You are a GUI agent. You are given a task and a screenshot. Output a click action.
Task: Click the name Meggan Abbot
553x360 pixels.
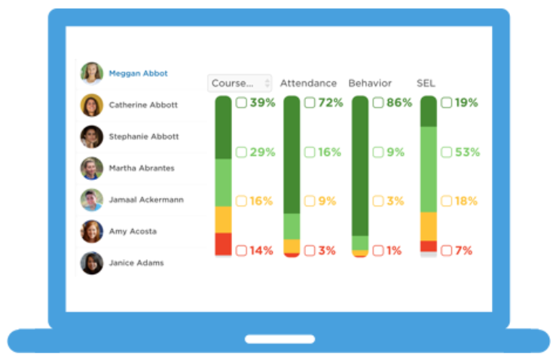coord(138,74)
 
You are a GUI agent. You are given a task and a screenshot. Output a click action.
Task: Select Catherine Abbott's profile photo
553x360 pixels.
coord(92,105)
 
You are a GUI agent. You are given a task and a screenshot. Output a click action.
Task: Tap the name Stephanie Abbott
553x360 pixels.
coord(143,137)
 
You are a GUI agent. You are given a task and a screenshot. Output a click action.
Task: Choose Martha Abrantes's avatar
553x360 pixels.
coord(92,169)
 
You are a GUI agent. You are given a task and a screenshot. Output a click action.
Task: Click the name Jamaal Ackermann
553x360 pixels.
coord(145,200)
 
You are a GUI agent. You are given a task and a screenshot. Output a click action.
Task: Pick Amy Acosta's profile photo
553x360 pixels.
coord(92,231)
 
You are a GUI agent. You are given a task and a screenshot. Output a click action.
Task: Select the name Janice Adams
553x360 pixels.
coord(136,264)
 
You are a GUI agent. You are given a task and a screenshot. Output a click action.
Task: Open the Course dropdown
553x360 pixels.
coord(240,84)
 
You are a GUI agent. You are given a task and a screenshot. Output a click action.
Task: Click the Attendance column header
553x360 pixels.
coord(308,84)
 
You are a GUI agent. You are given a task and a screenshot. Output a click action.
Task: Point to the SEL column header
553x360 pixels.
coord(426,84)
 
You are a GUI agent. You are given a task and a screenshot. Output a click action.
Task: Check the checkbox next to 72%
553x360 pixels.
coord(310,103)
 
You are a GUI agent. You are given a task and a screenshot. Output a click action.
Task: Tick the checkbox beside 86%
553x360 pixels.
coord(378,103)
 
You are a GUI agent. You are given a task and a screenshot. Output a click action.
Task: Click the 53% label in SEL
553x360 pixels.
coord(467,153)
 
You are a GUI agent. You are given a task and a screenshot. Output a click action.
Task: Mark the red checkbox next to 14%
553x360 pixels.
coord(241,251)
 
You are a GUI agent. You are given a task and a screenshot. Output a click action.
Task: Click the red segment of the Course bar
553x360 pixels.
coord(223,243)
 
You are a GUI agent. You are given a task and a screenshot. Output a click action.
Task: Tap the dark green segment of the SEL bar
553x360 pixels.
coord(428,111)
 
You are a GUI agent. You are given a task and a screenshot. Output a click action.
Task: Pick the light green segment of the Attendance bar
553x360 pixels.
coord(292,226)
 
